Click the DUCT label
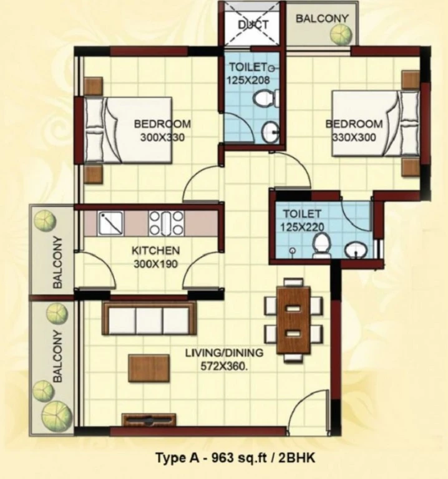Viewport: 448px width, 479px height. [x=253, y=24]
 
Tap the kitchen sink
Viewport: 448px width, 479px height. [x=110, y=223]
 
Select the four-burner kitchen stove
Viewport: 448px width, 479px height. [x=166, y=223]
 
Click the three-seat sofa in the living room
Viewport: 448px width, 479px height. [x=149, y=318]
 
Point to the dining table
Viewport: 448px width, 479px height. [x=293, y=319]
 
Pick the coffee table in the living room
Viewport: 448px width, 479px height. [x=149, y=368]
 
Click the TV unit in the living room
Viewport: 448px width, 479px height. [x=149, y=420]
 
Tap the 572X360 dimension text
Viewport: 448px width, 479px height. [x=224, y=366]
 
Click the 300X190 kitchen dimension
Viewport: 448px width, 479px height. [x=155, y=264]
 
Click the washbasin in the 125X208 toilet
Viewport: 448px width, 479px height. [x=270, y=132]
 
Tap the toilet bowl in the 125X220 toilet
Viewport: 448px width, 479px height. [x=322, y=245]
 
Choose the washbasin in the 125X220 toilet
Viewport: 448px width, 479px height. [x=356, y=250]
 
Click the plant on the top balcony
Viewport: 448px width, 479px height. [x=341, y=34]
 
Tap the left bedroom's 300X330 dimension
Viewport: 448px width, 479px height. [x=162, y=137]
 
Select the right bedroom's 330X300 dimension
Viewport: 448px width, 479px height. [x=354, y=137]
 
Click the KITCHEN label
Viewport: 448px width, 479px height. [x=155, y=251]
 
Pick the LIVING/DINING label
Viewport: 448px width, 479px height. [x=224, y=353]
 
